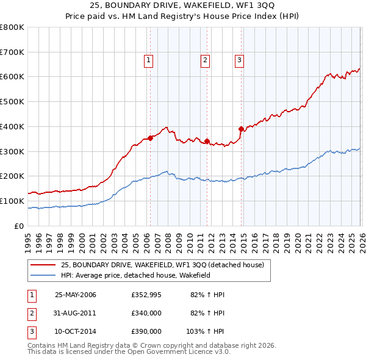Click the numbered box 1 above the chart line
point(149,60)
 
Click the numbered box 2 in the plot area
point(206,60)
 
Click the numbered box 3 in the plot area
point(240,60)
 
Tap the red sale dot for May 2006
point(150,138)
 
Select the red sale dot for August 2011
point(207,141)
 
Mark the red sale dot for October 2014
point(241,129)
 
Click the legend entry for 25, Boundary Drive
point(162,265)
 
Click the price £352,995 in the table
point(146,295)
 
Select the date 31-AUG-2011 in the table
point(76,313)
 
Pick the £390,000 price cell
point(146,331)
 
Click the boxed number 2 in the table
point(31,313)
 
